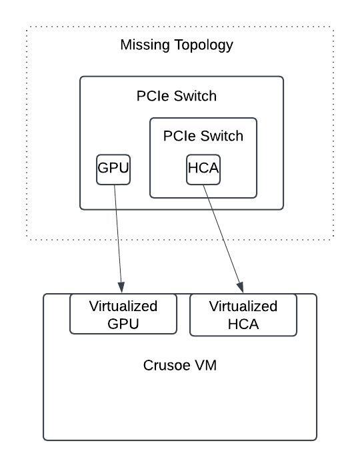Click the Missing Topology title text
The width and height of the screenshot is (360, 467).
click(x=177, y=45)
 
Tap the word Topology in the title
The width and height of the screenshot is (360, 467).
click(x=203, y=45)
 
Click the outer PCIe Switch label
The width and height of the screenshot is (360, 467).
click(x=177, y=96)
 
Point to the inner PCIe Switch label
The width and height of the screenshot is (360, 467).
click(x=203, y=136)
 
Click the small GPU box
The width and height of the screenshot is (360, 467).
click(x=113, y=169)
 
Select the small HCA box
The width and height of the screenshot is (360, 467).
click(x=203, y=169)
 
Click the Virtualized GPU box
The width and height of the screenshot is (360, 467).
click(x=123, y=314)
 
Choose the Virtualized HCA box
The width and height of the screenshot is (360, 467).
click(x=243, y=315)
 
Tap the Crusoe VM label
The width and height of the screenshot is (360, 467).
click(x=180, y=366)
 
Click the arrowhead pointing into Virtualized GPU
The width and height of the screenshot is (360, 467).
click(x=121, y=287)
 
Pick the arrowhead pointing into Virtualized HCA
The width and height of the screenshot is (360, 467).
click(x=241, y=288)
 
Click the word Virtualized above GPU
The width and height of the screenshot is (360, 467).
click(x=123, y=306)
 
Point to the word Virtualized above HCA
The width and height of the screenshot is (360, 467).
click(x=243, y=306)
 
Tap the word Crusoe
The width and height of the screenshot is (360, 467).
click(x=167, y=366)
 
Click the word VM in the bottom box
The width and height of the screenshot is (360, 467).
click(x=205, y=366)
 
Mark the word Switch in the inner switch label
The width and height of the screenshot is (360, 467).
click(x=222, y=136)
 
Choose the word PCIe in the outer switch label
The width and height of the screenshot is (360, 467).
click(x=153, y=96)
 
